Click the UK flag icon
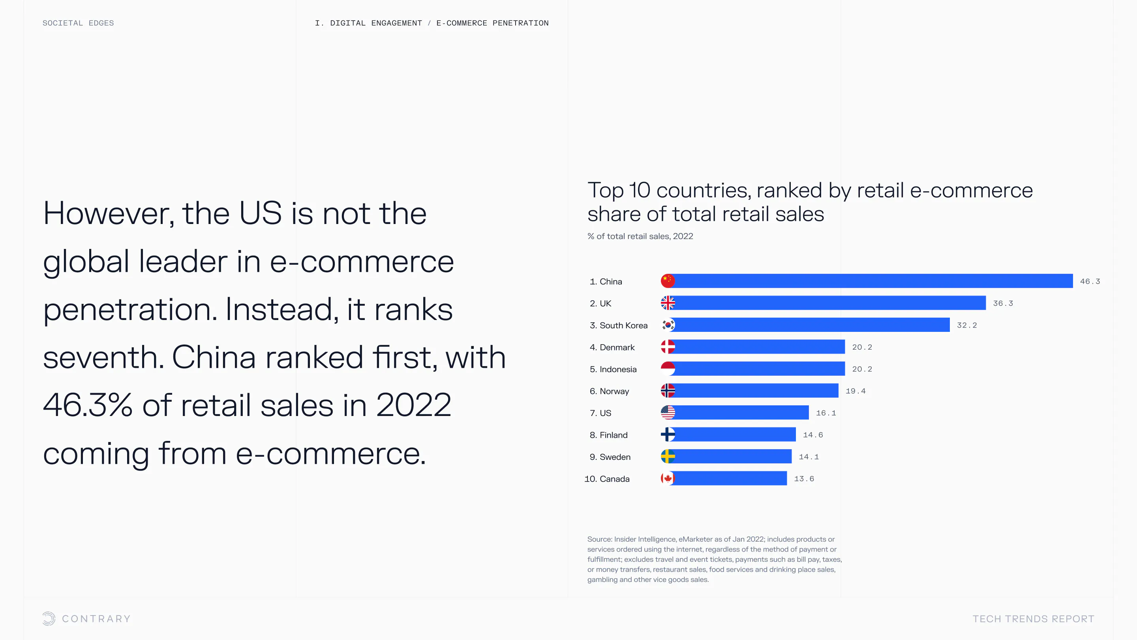click(668, 303)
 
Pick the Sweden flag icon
click(668, 456)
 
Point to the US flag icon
click(668, 412)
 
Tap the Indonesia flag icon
click(668, 369)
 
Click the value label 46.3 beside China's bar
click(1090, 281)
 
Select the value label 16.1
click(826, 413)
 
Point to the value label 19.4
click(856, 391)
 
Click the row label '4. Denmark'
click(612, 347)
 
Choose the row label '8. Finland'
click(609, 435)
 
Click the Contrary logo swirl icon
click(49, 618)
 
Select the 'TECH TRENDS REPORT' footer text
click(1033, 619)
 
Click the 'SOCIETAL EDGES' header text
click(78, 23)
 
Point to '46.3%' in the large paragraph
click(87, 405)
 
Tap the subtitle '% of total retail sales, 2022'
click(640, 236)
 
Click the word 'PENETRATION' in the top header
click(520, 23)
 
